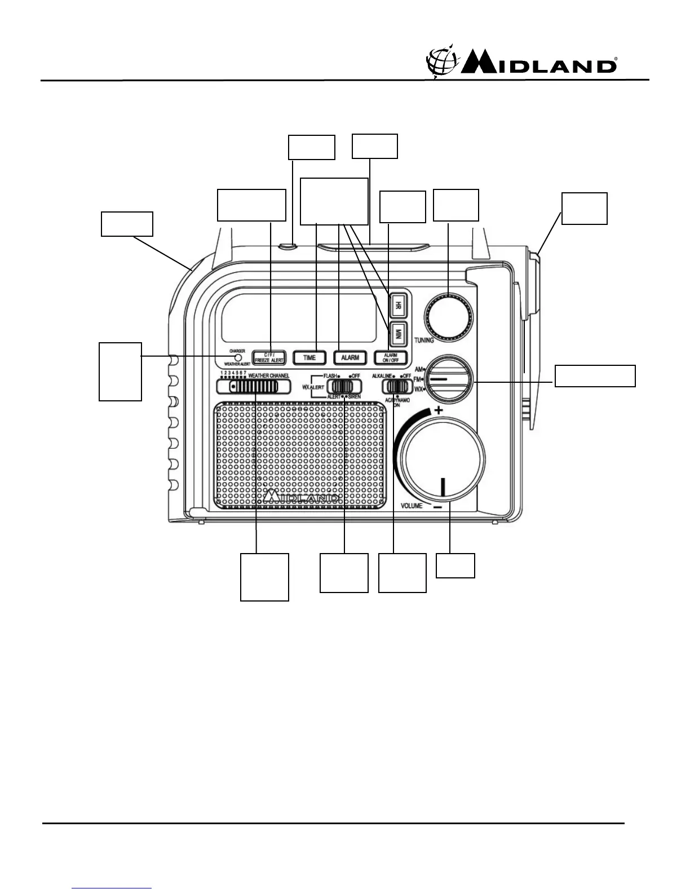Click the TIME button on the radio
(x=309, y=357)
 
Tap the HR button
(x=398, y=306)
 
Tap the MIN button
(x=398, y=332)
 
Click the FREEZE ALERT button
(x=269, y=357)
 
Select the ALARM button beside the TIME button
(x=350, y=357)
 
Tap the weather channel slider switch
(x=254, y=387)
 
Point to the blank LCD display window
(x=299, y=318)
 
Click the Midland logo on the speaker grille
(x=302, y=496)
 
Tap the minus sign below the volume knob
(x=438, y=507)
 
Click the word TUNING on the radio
(x=424, y=341)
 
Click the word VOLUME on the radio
(x=412, y=506)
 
